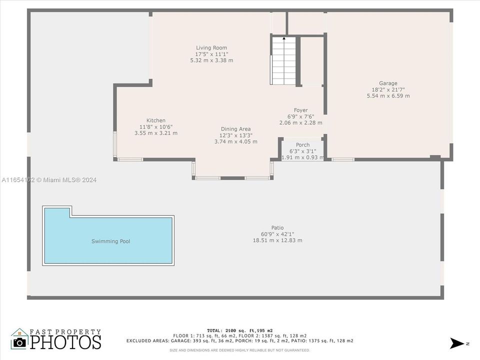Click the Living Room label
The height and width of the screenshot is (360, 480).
(211, 48)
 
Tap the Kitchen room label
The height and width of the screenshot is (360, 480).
(155, 120)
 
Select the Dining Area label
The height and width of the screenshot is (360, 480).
(235, 129)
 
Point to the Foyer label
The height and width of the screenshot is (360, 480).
(300, 110)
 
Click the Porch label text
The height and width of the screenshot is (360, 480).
(302, 145)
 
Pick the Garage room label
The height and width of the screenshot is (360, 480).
(388, 83)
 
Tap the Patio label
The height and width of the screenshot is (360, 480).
(277, 228)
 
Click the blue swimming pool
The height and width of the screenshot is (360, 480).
(110, 241)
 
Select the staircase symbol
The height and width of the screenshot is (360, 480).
(283, 61)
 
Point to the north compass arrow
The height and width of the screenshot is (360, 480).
(456, 343)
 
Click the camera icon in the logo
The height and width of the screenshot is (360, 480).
(19, 342)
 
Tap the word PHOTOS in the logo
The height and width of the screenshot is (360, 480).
(65, 342)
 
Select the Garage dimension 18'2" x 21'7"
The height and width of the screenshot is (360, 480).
(388, 89)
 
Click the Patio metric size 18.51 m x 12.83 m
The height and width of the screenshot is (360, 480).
(277, 240)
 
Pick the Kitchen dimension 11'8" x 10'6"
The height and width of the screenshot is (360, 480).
(156, 127)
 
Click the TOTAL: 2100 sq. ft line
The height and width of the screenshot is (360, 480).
(239, 330)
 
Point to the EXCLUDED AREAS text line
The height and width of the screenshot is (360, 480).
(239, 341)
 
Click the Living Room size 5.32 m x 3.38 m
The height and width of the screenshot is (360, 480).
(211, 60)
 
